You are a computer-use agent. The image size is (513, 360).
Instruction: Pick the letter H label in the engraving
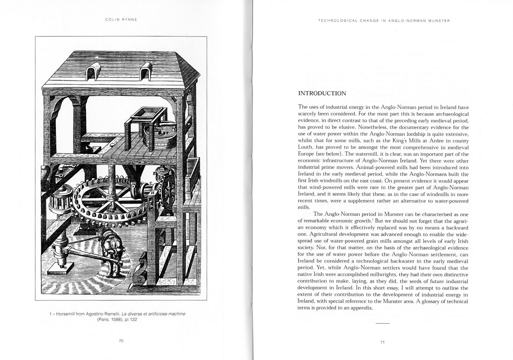coord(153,193)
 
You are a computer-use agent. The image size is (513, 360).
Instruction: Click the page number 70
coord(121,341)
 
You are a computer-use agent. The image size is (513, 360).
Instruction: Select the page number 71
coord(382,342)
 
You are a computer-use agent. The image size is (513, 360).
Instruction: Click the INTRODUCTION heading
coord(322,93)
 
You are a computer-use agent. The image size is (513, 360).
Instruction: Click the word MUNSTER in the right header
coord(439,21)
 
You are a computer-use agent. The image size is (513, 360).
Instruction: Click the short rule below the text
coord(382,323)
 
